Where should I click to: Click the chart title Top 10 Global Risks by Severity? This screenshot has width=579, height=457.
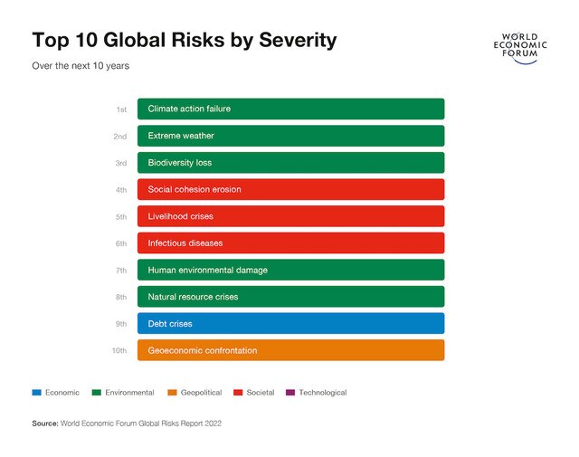click(184, 41)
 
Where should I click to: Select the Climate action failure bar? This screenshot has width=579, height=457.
click(290, 109)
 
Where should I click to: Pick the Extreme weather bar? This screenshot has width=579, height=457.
click(290, 136)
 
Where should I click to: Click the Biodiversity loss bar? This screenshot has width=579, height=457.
click(290, 163)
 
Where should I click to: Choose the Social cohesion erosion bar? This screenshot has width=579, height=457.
click(290, 189)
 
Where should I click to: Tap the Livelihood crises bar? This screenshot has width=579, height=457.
click(290, 216)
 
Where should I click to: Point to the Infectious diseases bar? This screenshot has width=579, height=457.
click(290, 243)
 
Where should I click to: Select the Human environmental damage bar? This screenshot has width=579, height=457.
click(290, 270)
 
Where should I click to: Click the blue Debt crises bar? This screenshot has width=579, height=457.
click(290, 323)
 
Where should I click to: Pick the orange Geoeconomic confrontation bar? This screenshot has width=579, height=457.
click(290, 350)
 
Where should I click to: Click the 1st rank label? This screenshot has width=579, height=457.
click(120, 109)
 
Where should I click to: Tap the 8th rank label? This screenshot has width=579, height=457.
click(120, 297)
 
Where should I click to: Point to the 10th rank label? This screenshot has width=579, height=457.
click(119, 350)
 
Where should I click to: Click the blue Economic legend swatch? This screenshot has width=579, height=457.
click(36, 393)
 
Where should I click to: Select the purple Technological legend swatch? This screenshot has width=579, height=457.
click(289, 393)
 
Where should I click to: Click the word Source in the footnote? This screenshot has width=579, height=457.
click(44, 423)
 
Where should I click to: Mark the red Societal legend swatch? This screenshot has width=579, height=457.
click(237, 393)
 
